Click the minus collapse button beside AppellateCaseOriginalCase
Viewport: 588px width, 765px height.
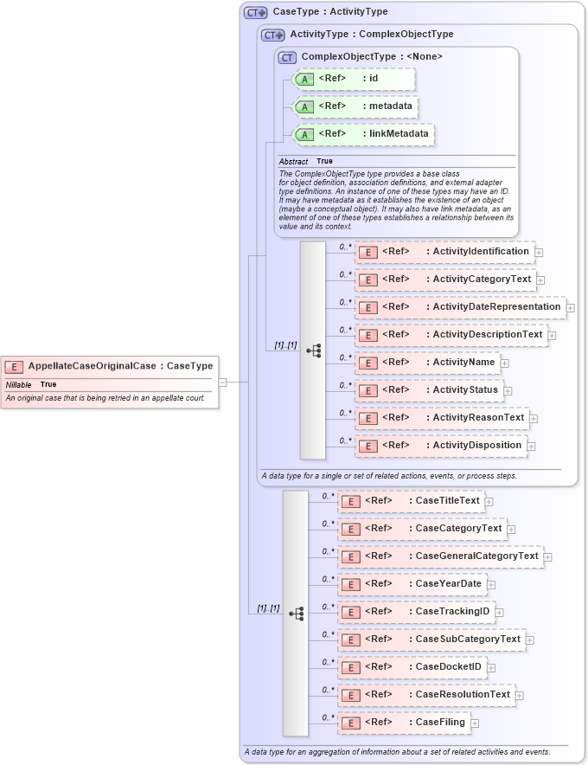pyautogui.click(x=222, y=381)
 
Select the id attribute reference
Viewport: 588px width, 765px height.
pyautogui.click(x=354, y=79)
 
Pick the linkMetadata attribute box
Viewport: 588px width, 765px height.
pyautogui.click(x=363, y=134)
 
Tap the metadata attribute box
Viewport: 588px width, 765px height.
pyautogui.click(x=355, y=106)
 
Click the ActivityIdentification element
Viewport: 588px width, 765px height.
pyautogui.click(x=444, y=252)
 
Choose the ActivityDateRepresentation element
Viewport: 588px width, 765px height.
pyautogui.click(x=460, y=307)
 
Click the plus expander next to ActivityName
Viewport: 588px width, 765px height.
pyautogui.click(x=505, y=363)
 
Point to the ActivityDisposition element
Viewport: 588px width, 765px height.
pyautogui.click(x=441, y=446)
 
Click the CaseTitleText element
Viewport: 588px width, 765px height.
pyautogui.click(x=411, y=501)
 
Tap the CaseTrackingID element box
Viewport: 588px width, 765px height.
pyautogui.click(x=416, y=612)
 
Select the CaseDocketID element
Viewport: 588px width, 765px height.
pyautogui.click(x=412, y=667)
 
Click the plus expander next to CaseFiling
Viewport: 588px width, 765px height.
pyautogui.click(x=475, y=723)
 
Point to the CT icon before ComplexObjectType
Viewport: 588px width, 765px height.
pyautogui.click(x=287, y=57)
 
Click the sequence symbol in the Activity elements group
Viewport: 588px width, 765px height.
pyautogui.click(x=313, y=350)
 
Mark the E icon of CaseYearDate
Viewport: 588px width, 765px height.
pyautogui.click(x=350, y=584)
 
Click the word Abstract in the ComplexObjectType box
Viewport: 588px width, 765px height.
pyautogui.click(x=293, y=162)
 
